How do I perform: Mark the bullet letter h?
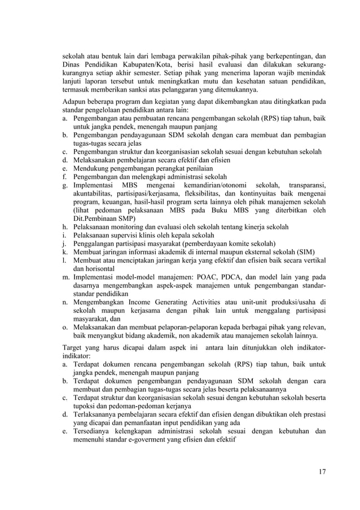point(65,227)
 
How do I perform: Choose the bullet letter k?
point(65,252)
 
